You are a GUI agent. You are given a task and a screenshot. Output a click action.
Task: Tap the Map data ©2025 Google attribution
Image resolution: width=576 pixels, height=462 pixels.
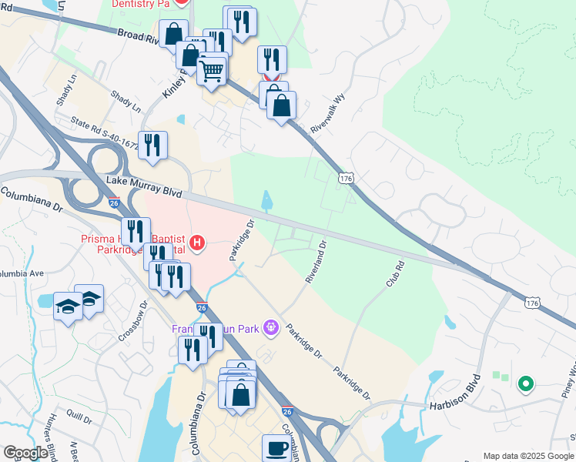point(528,456)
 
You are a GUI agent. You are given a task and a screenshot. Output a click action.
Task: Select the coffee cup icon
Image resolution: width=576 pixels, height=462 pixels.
point(277,448)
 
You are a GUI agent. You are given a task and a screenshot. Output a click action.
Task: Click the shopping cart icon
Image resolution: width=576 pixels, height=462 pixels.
point(212,72)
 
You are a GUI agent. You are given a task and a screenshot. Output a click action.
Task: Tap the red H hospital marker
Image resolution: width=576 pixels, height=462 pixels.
point(197,244)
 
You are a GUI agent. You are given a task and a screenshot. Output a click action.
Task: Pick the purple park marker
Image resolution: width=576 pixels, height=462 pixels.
point(270,328)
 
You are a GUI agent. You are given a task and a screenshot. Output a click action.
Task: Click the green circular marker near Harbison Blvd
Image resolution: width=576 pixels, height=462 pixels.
point(526,383)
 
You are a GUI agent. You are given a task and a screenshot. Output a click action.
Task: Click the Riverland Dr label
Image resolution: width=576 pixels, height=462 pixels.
point(316,262)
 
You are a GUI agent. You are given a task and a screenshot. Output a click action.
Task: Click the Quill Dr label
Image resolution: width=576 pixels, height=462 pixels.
point(79,420)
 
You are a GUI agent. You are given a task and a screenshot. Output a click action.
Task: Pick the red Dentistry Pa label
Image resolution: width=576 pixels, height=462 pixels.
point(140,4)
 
